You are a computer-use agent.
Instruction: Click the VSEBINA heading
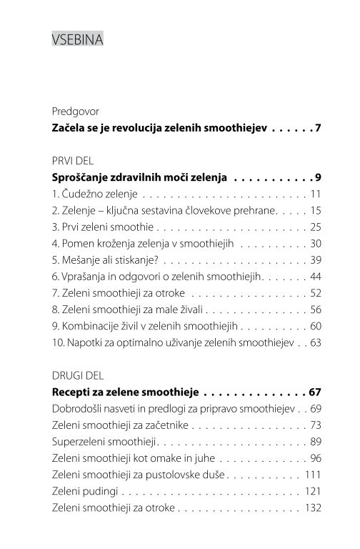(78, 40)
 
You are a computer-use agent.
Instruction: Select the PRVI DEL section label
(74, 161)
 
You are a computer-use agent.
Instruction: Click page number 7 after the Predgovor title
(319, 129)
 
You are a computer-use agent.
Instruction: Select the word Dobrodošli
(81, 409)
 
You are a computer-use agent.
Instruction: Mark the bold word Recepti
(73, 392)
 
